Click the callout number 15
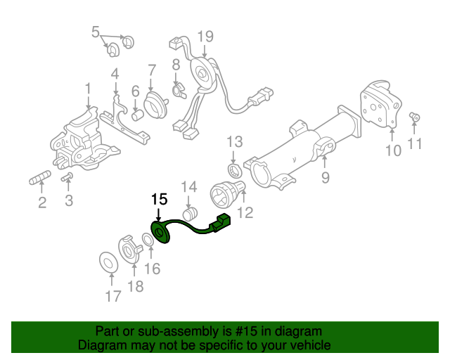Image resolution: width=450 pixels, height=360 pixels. coord(160,199)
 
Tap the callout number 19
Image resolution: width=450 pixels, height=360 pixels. coord(205,37)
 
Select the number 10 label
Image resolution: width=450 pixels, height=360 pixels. coord(392,149)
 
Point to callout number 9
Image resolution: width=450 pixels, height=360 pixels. coord(325,178)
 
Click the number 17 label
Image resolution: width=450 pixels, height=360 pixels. coord(112,296)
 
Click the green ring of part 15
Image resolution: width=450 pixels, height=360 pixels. coord(161,233)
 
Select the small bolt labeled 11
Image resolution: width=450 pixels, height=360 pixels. coord(414,117)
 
